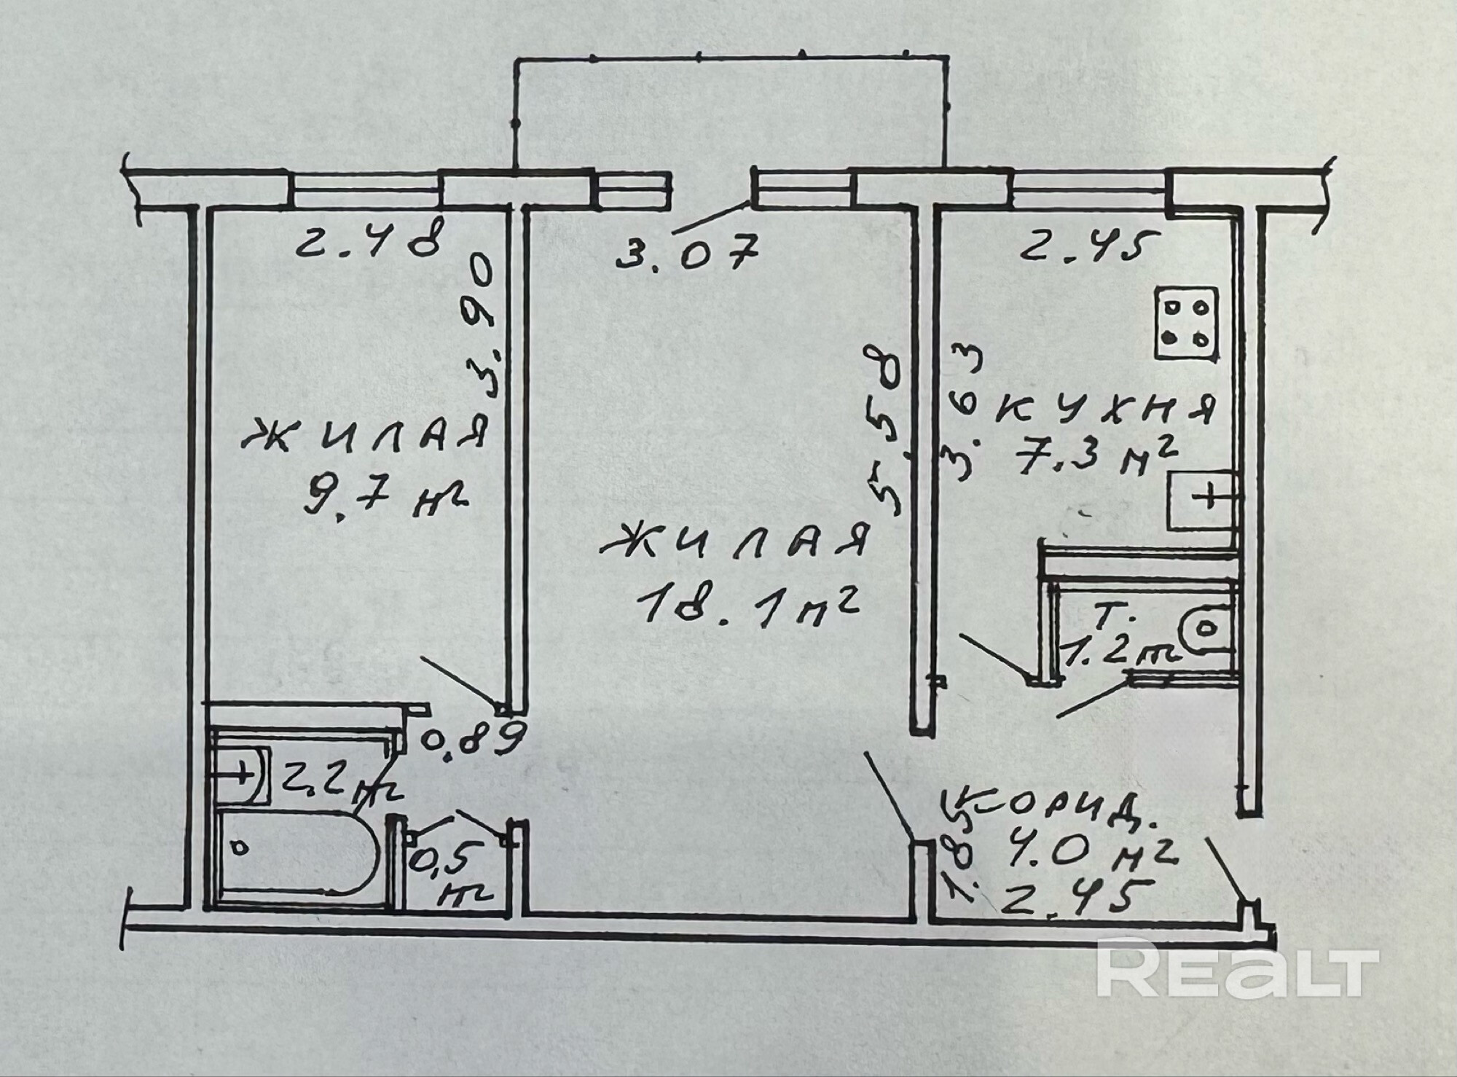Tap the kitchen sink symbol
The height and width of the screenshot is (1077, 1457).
click(1201, 501)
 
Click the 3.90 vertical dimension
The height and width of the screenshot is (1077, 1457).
click(484, 326)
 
